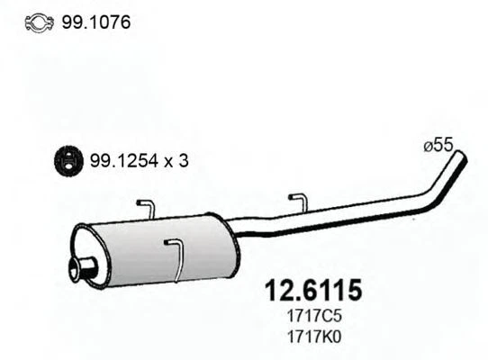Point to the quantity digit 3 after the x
point(185,162)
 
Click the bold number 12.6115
point(312,291)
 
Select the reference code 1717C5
point(313,317)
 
